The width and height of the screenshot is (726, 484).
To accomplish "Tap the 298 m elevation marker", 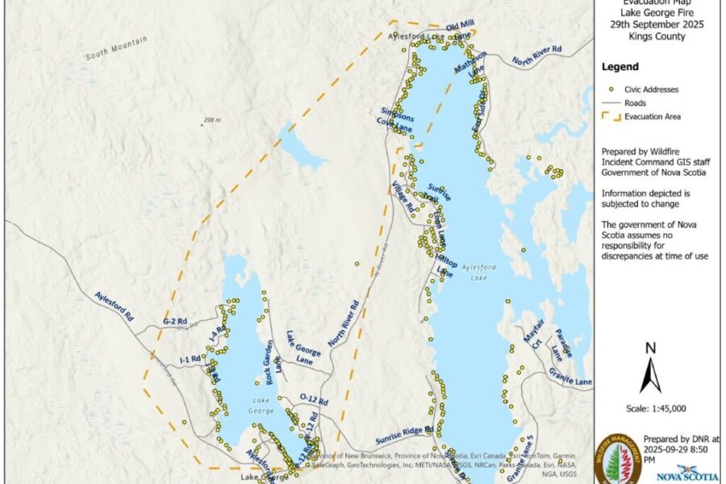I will [211, 120].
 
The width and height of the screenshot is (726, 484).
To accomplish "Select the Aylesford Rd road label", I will [114, 307].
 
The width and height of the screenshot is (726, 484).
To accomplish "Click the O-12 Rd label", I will [313, 399].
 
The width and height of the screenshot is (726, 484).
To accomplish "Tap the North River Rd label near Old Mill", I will [536, 55].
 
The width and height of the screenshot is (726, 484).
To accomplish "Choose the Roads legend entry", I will [636, 103].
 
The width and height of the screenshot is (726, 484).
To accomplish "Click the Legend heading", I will [620, 67].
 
